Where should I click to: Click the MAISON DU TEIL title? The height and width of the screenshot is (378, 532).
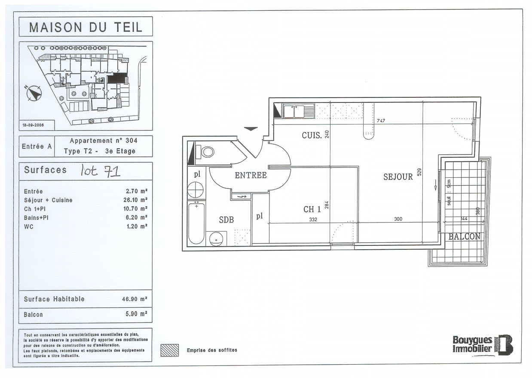(86, 27)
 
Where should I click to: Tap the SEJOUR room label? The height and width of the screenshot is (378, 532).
(398, 177)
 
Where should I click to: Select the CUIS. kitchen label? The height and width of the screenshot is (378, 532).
(312, 135)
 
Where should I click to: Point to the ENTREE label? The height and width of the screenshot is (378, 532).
(251, 175)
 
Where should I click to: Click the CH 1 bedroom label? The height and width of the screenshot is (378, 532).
(312, 210)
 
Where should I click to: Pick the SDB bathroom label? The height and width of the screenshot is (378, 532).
(226, 220)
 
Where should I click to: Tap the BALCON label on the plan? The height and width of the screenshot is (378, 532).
(464, 237)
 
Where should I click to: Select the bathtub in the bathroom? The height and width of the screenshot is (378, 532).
(196, 223)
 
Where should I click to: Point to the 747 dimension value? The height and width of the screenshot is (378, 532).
(381, 121)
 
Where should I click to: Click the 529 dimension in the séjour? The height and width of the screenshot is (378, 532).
(420, 172)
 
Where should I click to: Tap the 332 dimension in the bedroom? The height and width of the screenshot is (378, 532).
(313, 220)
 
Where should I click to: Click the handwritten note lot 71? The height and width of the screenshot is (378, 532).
(101, 171)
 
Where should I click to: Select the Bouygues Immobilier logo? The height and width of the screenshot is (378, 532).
(483, 344)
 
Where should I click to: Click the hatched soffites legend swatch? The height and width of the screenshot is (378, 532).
(169, 350)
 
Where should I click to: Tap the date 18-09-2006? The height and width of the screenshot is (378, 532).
(33, 125)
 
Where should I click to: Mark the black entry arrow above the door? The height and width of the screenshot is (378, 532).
(251, 128)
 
